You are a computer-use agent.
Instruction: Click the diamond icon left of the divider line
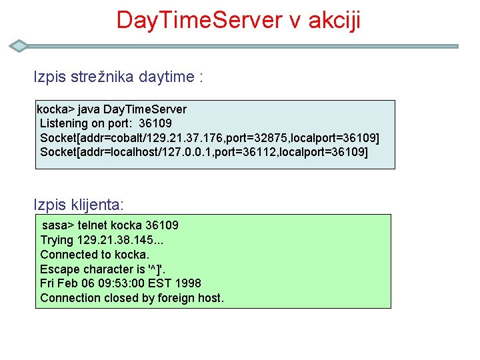pos(20,46)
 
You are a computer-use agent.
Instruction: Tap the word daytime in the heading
pos(167,77)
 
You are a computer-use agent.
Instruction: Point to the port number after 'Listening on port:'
pos(155,123)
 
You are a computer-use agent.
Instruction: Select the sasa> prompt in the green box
pos(59,225)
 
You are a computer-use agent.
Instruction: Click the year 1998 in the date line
pos(187,283)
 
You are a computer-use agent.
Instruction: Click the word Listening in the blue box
pos(64,123)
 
